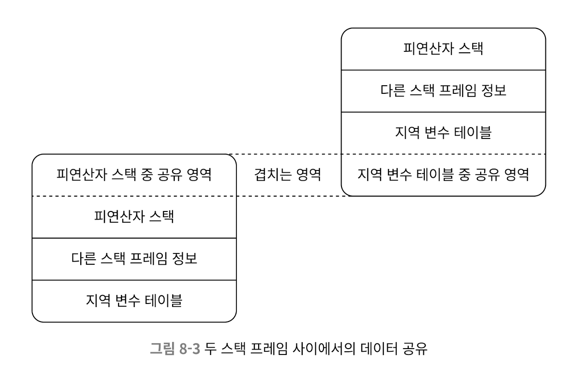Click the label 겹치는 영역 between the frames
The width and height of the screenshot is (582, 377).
[287, 175]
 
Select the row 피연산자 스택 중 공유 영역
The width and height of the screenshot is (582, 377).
[134, 175]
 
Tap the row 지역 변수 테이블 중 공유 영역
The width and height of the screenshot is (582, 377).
[443, 175]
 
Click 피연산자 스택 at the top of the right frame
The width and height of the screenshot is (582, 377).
[443, 49]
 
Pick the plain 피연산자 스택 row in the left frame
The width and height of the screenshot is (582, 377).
[134, 217]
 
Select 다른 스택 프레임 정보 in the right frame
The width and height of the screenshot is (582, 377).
[443, 91]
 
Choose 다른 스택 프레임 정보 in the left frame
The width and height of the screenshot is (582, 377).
[134, 259]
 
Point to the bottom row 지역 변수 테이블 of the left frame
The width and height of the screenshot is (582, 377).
[134, 301]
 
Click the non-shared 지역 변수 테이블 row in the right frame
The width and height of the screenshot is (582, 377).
[443, 133]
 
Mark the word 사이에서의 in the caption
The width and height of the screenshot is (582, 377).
[323, 349]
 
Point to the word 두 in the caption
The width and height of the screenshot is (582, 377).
[209, 349]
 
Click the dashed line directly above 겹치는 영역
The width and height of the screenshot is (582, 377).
[288, 154]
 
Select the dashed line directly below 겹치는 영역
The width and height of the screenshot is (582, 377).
[288, 196]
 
